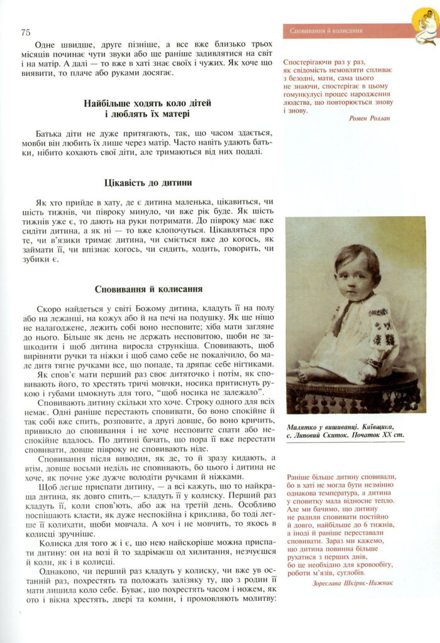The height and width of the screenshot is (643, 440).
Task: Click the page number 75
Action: [x=26, y=33]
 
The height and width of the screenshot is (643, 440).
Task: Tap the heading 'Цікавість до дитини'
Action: [x=148, y=183]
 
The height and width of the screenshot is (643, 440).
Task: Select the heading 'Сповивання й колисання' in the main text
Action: [x=148, y=290]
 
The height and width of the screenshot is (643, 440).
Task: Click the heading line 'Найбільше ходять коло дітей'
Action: [x=148, y=103]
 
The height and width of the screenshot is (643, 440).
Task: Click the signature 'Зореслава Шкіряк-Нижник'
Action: [x=353, y=583]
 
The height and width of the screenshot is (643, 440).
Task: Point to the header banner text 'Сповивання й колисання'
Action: [x=326, y=30]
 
